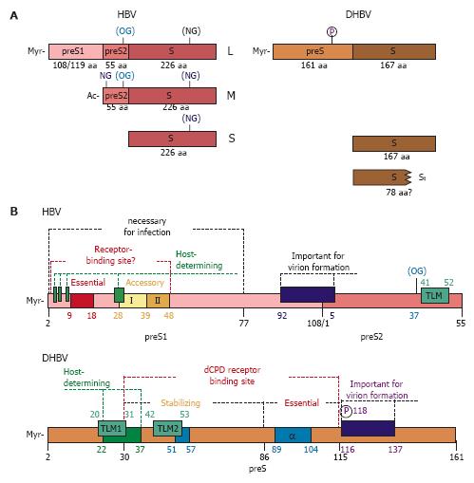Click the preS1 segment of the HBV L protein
tap(76, 51)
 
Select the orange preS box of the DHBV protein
tap(313, 51)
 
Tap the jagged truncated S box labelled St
tap(382, 177)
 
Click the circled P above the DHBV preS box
tap(332, 31)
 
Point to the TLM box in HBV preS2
tap(435, 295)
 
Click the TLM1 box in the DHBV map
tap(112, 428)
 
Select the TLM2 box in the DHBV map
tap(167, 428)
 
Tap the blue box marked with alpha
tap(293, 436)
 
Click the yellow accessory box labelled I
tap(133, 301)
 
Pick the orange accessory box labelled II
tap(158, 301)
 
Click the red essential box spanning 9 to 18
tap(82, 301)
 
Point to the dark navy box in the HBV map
tap(308, 294)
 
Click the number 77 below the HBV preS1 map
tap(243, 324)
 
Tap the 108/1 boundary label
tap(318, 324)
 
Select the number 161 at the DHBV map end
tap(457, 456)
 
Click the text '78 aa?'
tap(399, 193)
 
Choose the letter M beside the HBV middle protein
tap(231, 96)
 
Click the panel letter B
tap(14, 211)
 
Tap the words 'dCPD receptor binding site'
tap(232, 376)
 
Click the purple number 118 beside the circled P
tap(360, 411)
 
